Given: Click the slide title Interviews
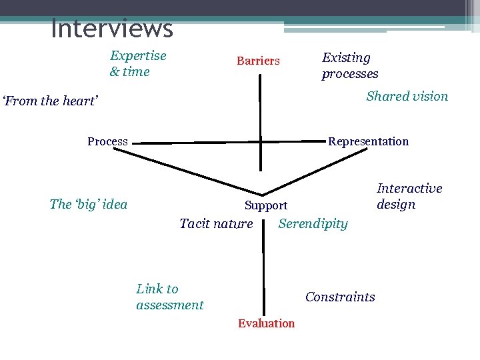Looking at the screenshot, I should (111, 29).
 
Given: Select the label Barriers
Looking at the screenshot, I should (258, 61).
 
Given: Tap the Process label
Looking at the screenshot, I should (107, 141).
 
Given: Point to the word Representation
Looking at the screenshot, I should (368, 141).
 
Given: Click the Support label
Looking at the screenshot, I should (266, 206).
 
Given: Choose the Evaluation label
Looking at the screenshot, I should (266, 323).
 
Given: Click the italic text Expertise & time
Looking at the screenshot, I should (138, 63).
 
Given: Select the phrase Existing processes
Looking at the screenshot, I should (350, 66).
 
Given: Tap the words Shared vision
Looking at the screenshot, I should (407, 96).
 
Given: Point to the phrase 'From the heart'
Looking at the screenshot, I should (51, 101).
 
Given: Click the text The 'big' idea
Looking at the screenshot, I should (88, 204).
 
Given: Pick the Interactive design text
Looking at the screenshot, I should (409, 197).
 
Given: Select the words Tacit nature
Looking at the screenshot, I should (216, 223).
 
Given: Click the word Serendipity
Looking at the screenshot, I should (313, 223).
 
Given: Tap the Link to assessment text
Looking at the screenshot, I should (169, 297).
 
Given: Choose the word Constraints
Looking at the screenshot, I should (340, 297).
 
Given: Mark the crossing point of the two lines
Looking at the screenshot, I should (261, 141).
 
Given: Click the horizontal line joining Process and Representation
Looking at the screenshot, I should (193, 142).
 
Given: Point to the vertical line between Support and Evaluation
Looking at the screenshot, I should (264, 273).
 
